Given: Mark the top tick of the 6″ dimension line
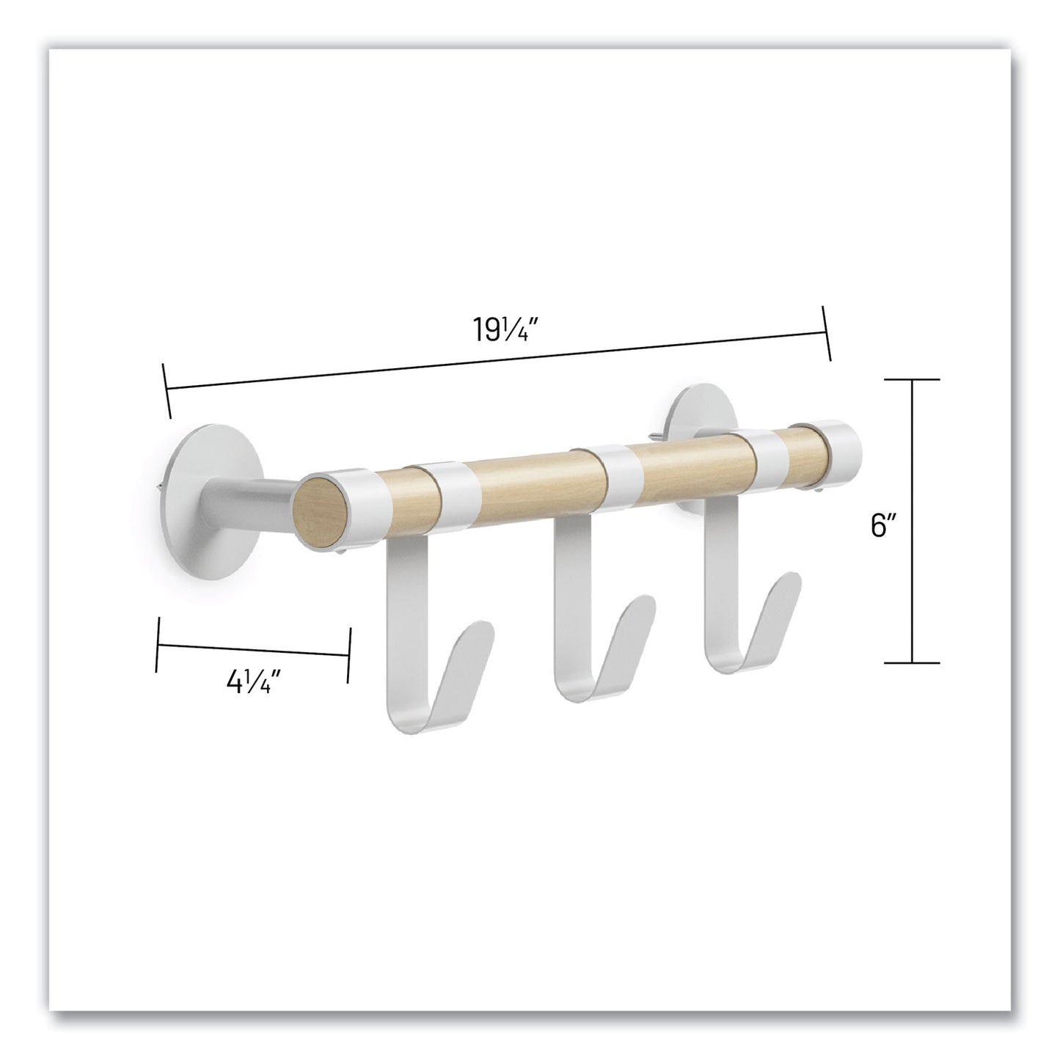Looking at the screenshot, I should pyautogui.click(x=912, y=379).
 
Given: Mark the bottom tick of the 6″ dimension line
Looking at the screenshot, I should pyautogui.click(x=912, y=662).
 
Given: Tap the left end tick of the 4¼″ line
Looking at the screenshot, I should pyautogui.click(x=157, y=645).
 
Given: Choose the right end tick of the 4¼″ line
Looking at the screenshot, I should pyautogui.click(x=349, y=645).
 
